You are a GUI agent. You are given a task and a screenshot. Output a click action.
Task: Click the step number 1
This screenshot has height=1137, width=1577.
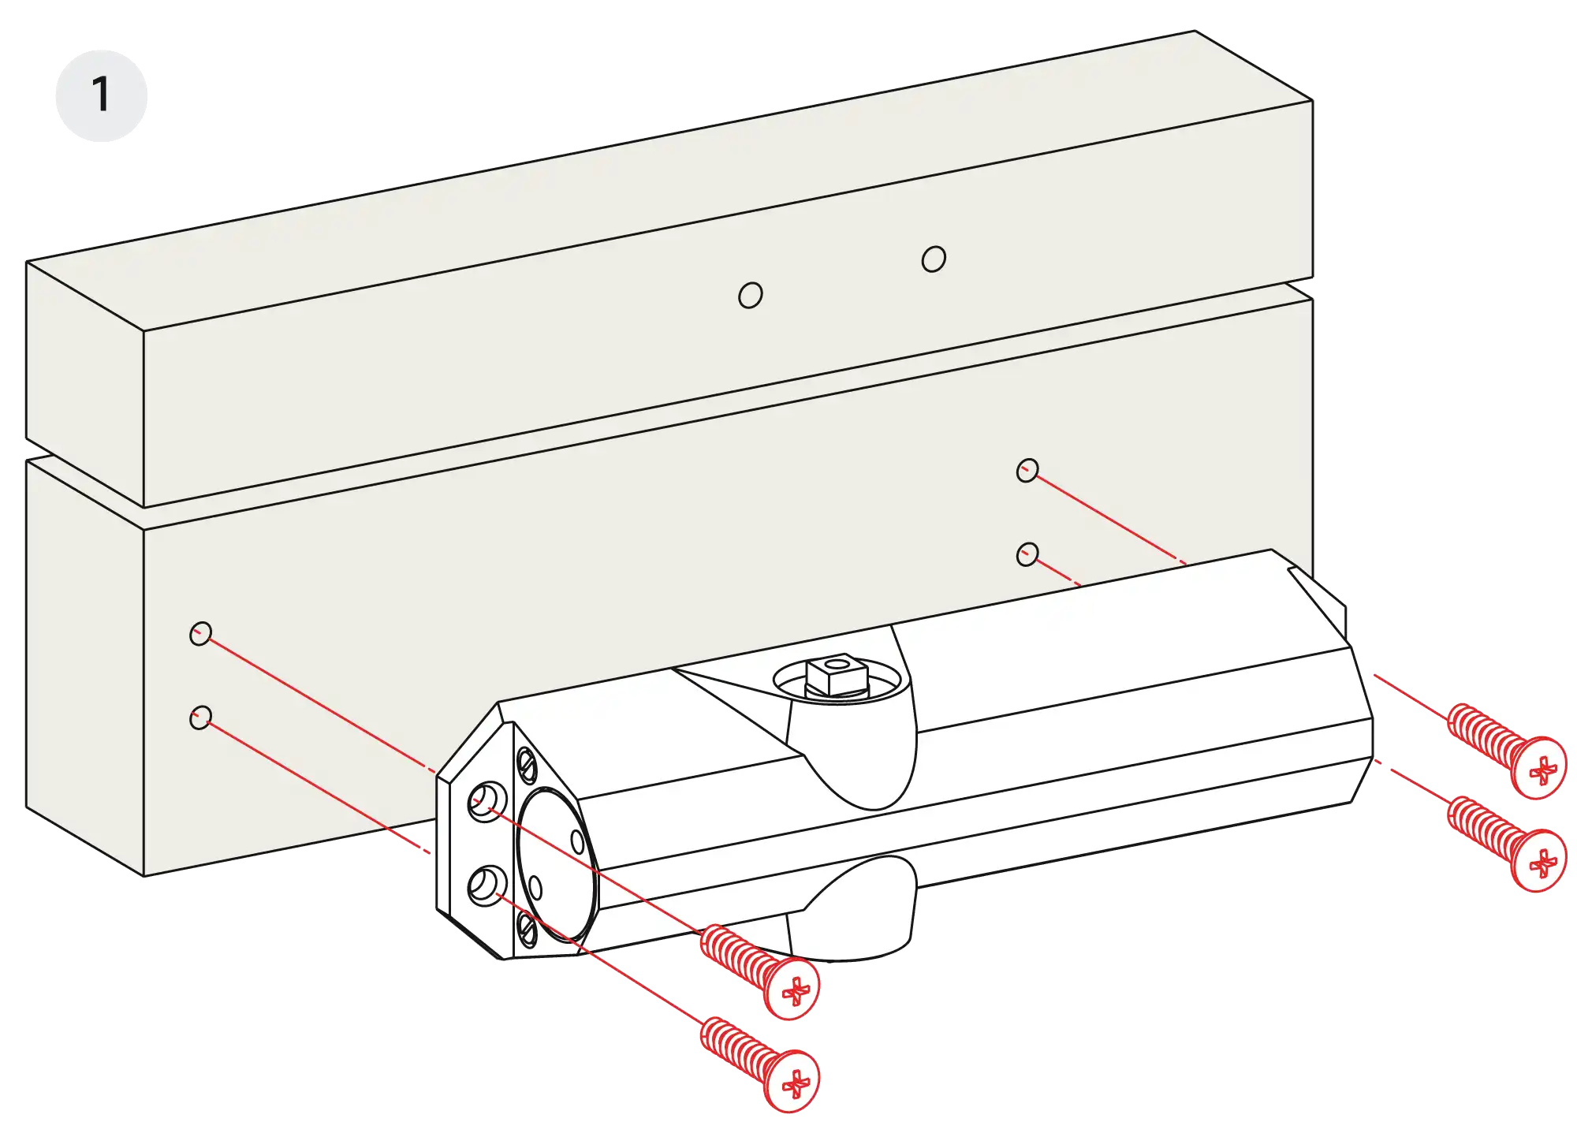tap(100, 95)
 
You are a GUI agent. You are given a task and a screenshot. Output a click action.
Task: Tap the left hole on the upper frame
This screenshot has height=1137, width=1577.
tap(751, 296)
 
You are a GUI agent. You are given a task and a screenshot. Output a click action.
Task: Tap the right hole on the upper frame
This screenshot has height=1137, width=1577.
tap(934, 259)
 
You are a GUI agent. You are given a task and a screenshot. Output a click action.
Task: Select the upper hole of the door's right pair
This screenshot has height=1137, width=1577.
tap(1027, 471)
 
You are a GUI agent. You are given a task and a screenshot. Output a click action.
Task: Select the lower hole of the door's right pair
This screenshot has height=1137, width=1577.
tap(1027, 554)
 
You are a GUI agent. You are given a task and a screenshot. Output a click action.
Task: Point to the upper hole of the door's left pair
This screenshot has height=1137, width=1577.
tap(201, 633)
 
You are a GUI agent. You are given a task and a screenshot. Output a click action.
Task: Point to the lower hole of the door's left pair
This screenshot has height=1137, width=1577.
tap(201, 718)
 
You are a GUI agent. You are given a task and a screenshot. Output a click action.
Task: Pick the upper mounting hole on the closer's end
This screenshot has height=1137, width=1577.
tap(487, 802)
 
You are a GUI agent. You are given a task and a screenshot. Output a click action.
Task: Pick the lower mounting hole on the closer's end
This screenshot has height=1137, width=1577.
tap(487, 885)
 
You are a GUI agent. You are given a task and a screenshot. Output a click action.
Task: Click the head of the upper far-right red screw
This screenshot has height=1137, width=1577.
tap(1538, 768)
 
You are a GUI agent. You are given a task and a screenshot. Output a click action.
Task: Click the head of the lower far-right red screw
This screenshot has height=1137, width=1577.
tap(1538, 860)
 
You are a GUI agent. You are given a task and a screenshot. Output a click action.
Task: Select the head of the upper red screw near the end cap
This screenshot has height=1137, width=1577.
tap(792, 989)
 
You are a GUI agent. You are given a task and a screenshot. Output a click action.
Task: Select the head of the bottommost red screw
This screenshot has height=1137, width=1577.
tap(792, 1081)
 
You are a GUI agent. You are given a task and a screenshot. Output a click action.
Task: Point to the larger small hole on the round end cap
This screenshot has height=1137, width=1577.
tap(577, 842)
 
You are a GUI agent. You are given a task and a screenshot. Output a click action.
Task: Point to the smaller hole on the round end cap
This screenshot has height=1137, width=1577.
tap(535, 889)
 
